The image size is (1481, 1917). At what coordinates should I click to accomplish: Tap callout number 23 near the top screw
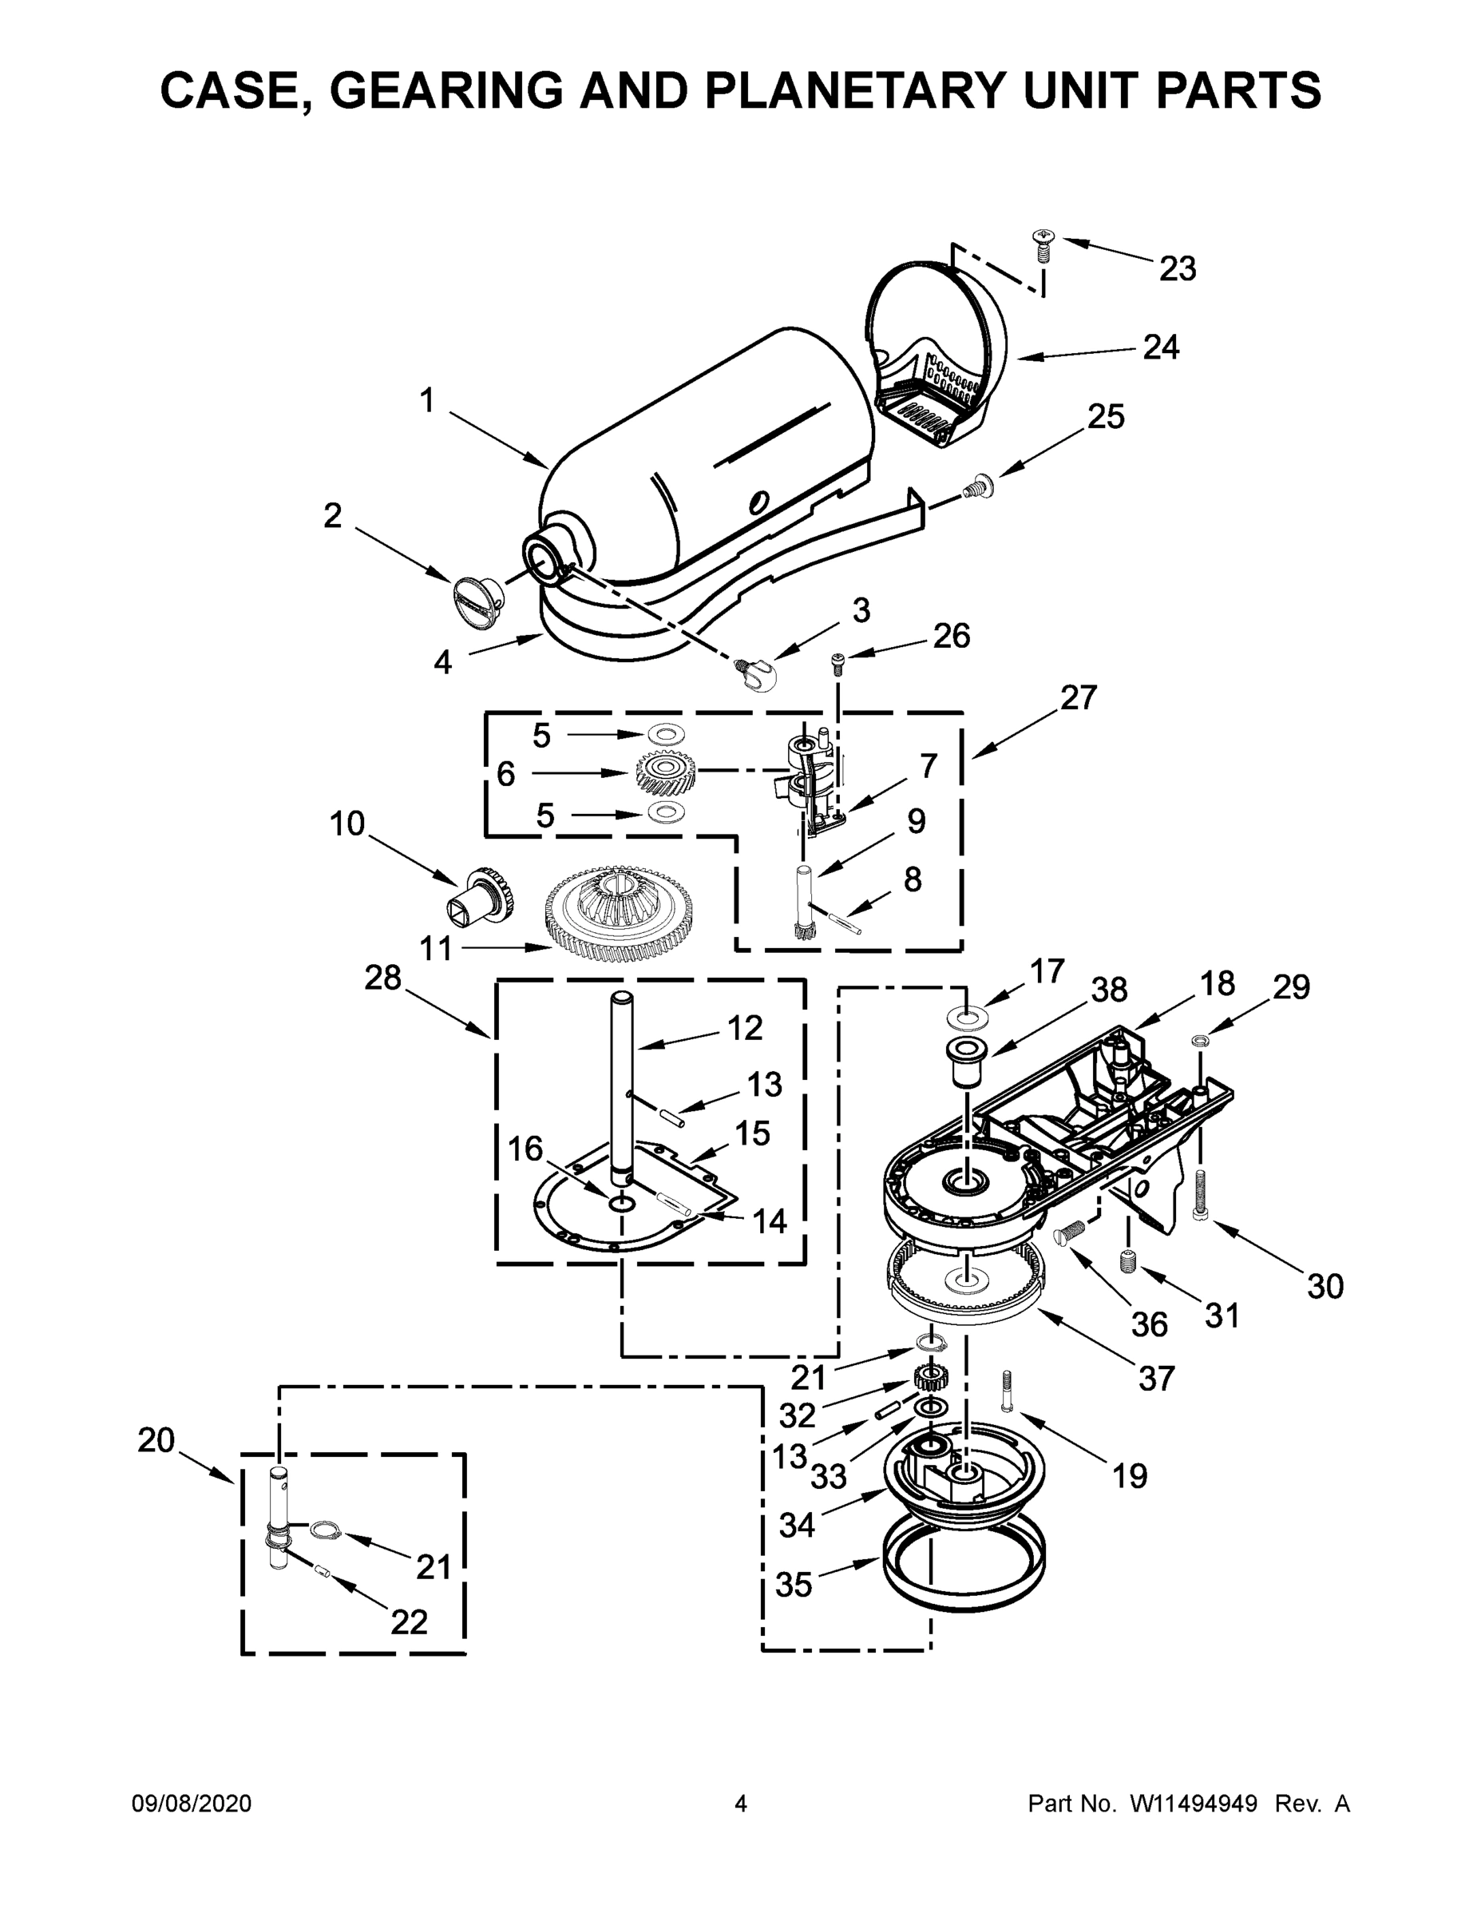1177,268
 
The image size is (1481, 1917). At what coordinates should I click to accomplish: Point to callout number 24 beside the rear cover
1161,347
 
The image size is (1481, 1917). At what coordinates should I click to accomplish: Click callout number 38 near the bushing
1108,990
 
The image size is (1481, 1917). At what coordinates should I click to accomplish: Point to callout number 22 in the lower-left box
409,1622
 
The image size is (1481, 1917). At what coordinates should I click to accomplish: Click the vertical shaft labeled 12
622,1089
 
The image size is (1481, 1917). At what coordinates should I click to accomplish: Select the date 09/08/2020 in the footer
192,1804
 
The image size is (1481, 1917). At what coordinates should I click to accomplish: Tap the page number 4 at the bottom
741,1804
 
